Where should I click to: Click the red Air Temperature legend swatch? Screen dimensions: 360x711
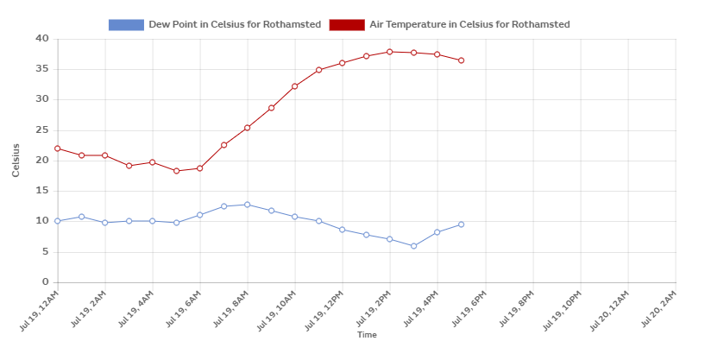coord(347,25)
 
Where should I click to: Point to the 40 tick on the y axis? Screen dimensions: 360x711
coord(42,39)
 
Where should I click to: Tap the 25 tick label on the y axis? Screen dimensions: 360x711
coord(42,130)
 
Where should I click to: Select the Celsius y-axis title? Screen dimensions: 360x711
coord(16,160)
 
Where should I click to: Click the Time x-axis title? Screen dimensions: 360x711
coord(367,335)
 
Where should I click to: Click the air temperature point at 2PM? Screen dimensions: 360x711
coord(390,52)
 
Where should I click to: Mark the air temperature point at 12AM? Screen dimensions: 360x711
coord(58,148)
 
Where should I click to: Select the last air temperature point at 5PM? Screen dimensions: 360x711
coord(462,60)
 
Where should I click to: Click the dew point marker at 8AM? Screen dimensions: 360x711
coord(248,205)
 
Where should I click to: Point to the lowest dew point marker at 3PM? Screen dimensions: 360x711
coord(414,246)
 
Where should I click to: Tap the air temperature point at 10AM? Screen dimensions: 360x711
coord(295,86)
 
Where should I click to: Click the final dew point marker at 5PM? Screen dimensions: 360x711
coord(462,224)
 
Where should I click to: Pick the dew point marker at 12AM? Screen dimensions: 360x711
coord(58,221)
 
